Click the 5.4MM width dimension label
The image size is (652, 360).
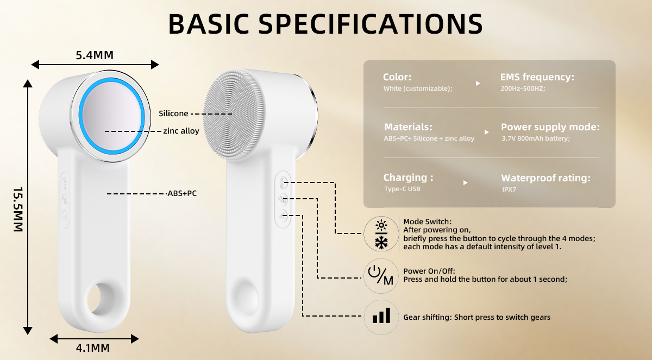click(x=95, y=55)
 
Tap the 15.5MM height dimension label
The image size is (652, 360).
click(x=18, y=210)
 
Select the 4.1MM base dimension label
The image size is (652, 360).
click(x=93, y=348)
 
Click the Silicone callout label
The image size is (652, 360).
click(x=173, y=113)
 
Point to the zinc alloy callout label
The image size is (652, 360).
click(x=181, y=131)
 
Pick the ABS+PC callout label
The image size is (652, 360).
click(x=182, y=193)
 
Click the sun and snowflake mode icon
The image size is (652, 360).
click(x=382, y=235)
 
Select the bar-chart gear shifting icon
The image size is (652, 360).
click(x=381, y=316)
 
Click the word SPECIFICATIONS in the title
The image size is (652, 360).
click(x=370, y=24)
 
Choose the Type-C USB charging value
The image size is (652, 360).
click(x=402, y=189)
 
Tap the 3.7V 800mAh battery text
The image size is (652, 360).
click(x=535, y=138)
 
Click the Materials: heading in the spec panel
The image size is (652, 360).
click(x=409, y=127)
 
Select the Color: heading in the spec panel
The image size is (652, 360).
click(x=397, y=77)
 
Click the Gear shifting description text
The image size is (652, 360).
click(x=477, y=317)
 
